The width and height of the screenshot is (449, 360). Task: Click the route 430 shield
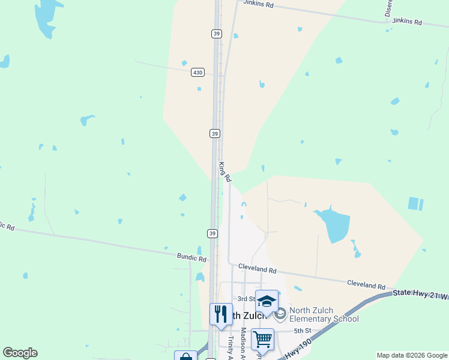198,72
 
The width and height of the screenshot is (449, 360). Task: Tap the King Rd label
224,172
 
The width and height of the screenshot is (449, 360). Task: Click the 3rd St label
246,298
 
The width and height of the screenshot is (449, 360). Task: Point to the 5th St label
302,331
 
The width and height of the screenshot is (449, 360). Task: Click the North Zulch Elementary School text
324,314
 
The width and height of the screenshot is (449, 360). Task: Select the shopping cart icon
262,339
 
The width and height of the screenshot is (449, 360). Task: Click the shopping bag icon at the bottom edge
185,356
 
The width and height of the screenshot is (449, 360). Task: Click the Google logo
20,353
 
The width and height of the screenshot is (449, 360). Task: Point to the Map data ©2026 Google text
411,355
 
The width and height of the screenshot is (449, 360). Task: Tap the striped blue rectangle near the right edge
415,204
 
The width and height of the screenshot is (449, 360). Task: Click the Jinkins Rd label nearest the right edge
407,22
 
